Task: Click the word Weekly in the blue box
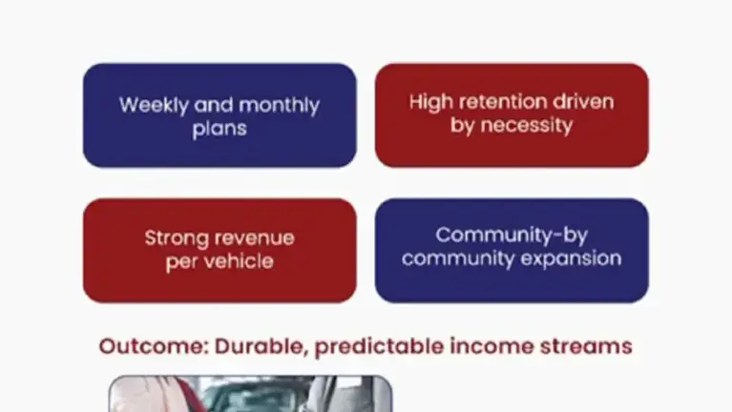pos(153,106)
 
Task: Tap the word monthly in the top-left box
pos(279,106)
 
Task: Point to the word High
pos(429,103)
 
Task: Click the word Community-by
pos(512,236)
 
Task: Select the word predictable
pos(379,347)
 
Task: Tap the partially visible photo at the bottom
pos(250,393)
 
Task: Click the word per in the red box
pos(181,262)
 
